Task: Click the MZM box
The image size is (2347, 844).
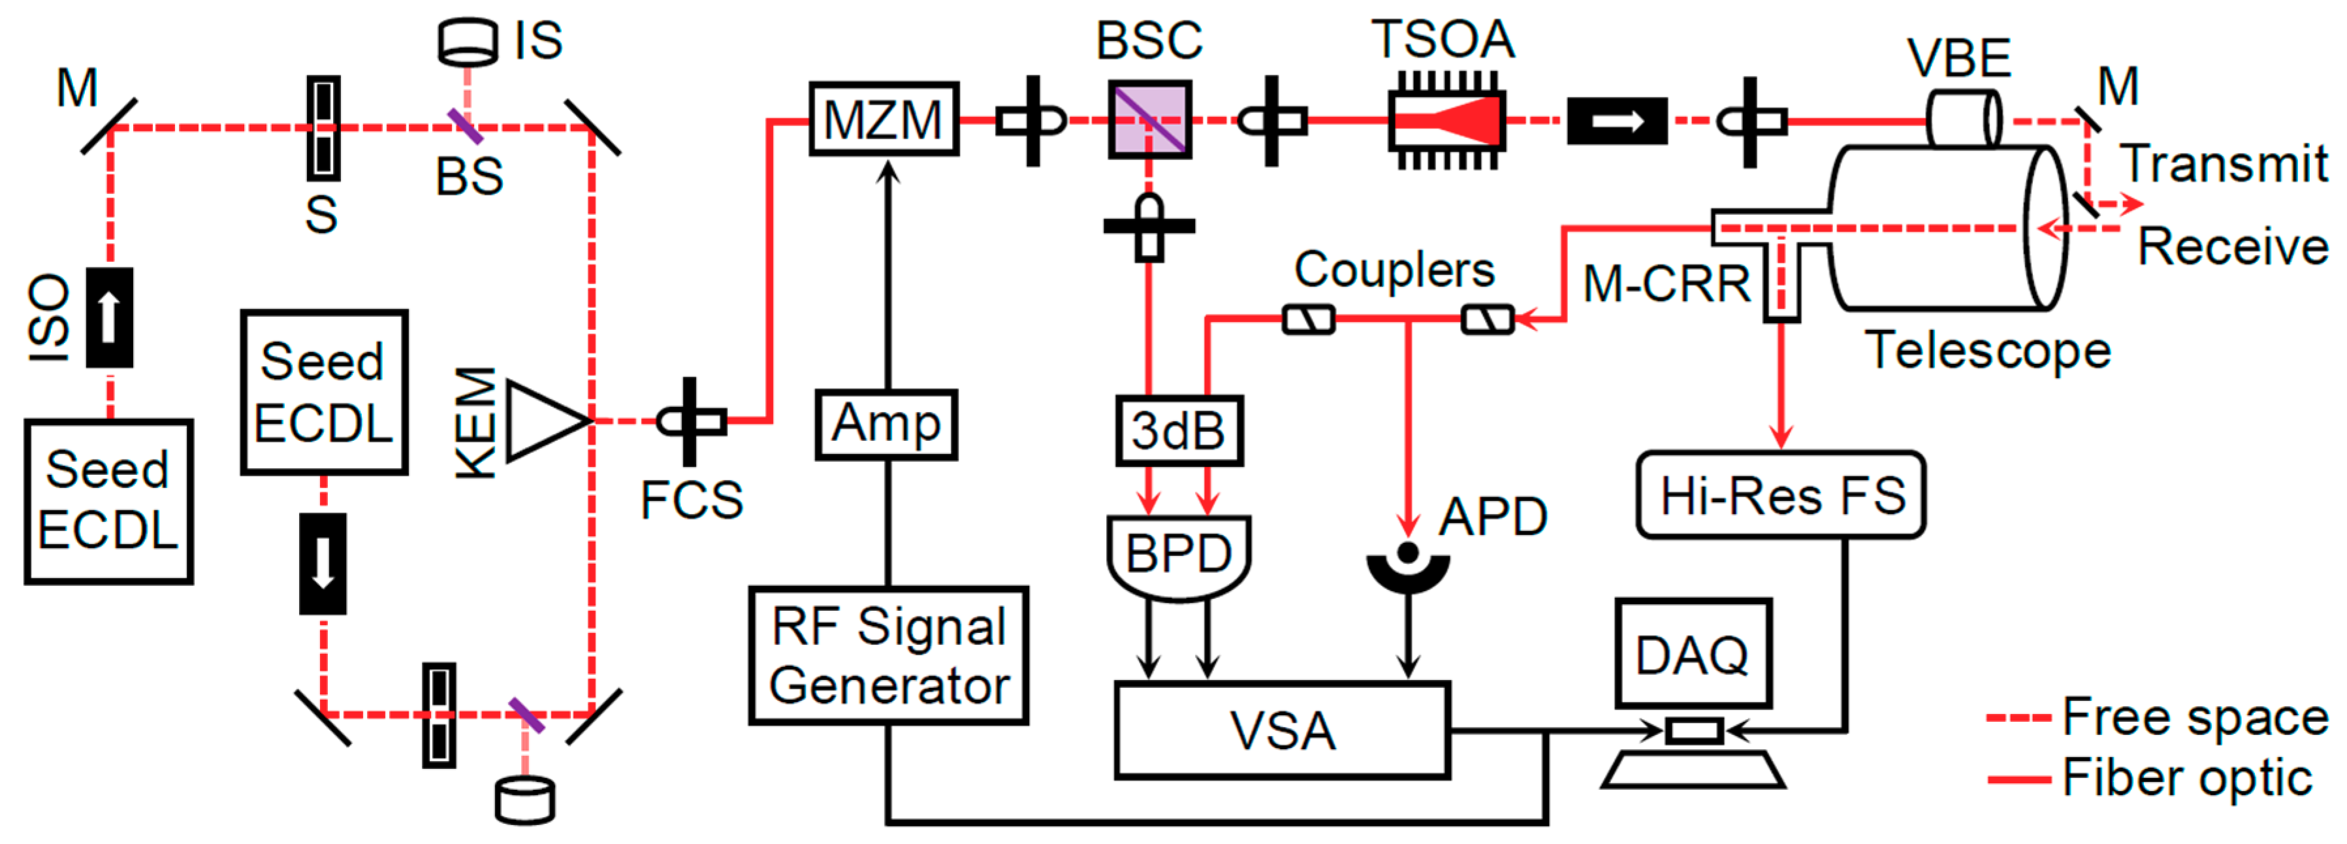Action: pos(884,120)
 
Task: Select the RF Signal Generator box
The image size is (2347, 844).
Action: pos(888,655)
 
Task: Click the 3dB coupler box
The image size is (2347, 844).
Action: pos(1179,430)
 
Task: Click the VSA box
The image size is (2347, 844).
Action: pos(1282,730)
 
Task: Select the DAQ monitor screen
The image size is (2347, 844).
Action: pos(1693,653)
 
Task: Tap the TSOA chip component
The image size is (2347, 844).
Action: pos(1447,120)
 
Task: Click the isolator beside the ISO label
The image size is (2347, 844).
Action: pos(109,317)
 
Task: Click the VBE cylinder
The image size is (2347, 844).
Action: pos(1964,118)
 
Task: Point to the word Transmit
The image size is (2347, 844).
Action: pos(2223,164)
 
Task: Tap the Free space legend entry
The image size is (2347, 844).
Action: pos(2158,717)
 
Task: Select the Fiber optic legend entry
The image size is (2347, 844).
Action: pos(2150,777)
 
